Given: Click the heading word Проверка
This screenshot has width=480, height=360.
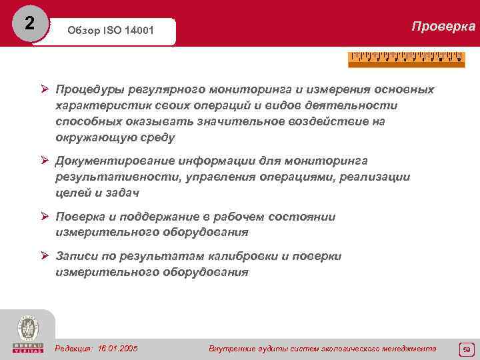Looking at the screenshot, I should coord(443,27).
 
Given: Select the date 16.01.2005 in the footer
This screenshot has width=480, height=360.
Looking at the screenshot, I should coord(117,348).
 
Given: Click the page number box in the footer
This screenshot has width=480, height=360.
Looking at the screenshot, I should coord(465,349).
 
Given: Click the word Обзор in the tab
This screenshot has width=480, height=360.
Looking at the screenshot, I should coord(83,31).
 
